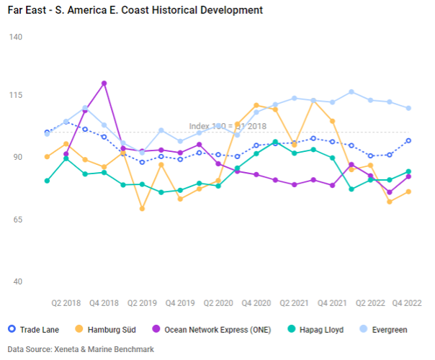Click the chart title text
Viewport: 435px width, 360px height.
134,10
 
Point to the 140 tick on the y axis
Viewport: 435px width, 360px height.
15,36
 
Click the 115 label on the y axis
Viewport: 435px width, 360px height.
15,95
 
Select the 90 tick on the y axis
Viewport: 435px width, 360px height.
15,157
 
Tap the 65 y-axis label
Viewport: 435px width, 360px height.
15,220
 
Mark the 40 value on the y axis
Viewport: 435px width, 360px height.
15,282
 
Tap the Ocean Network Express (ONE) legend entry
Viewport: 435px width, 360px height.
213,330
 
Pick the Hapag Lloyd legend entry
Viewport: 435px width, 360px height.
318,330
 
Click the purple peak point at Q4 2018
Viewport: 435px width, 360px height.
104,84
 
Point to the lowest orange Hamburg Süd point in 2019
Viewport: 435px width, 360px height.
143,209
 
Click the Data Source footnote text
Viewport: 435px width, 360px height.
81,349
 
